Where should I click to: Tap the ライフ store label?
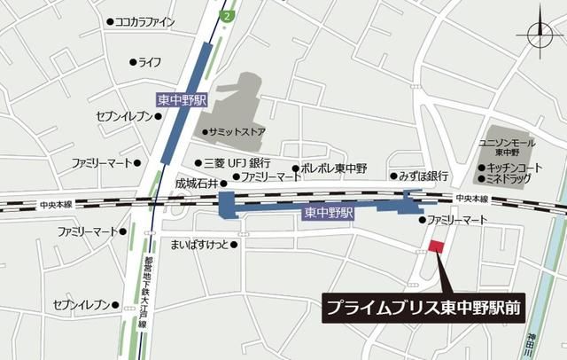149,62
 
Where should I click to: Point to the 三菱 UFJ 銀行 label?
237,163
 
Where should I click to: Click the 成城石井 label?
195,183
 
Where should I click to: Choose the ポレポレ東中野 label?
331,168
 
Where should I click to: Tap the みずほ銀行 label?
423,176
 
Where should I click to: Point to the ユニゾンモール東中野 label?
507,146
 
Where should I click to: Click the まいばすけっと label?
199,244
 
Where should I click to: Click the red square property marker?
435,246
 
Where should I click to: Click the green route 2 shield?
229,16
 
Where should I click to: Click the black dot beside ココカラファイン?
110,22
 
